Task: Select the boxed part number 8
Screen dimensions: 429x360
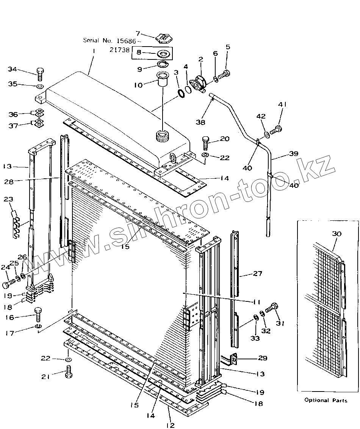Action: coord(139,53)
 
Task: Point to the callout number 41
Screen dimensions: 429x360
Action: coord(283,105)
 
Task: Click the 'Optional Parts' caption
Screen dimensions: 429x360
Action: coord(326,400)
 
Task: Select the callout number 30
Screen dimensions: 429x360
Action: coord(337,234)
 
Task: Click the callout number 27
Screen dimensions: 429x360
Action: coord(258,273)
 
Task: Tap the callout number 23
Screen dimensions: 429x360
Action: coord(9,200)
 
